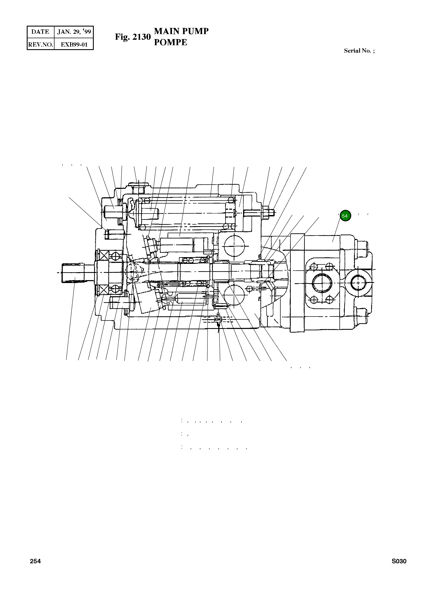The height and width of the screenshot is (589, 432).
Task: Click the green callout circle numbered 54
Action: click(x=345, y=216)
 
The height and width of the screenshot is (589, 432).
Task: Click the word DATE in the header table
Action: click(x=40, y=32)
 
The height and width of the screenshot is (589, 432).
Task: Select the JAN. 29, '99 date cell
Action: click(x=74, y=32)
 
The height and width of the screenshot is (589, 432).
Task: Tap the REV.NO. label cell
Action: click(x=40, y=44)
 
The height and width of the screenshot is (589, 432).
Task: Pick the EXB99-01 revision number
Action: click(x=74, y=44)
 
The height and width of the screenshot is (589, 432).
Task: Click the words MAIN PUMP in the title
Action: click(x=181, y=31)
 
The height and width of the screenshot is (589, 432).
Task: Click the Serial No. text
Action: click(x=359, y=51)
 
